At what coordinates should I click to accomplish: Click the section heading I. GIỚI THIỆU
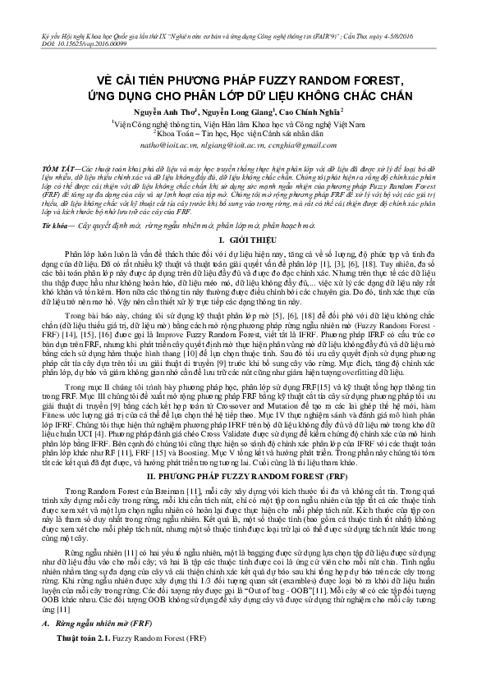click(x=238, y=236)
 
